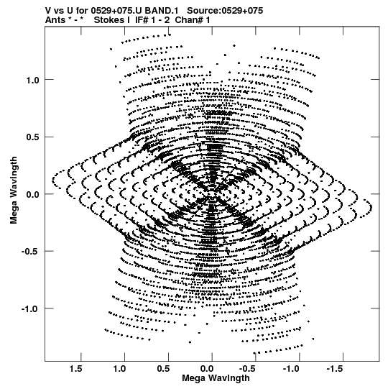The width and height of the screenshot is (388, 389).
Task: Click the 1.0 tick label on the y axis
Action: click(32, 80)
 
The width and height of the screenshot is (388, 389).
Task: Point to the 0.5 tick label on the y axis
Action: click(32, 137)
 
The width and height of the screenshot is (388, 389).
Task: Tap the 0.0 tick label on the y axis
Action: click(32, 194)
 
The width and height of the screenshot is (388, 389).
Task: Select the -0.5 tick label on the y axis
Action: click(30, 252)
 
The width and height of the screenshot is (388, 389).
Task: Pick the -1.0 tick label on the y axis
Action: click(30, 308)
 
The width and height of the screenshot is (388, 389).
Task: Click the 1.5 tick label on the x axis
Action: click(76, 369)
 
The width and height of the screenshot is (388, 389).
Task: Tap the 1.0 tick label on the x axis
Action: click(119, 369)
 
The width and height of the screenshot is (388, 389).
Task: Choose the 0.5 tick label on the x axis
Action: click(163, 369)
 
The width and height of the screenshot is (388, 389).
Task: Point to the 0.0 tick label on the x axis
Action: click(207, 369)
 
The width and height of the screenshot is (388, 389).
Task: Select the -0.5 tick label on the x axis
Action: click(249, 369)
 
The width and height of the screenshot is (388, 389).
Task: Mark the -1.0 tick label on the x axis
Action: click(292, 369)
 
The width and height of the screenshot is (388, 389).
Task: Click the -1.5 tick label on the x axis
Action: click(336, 369)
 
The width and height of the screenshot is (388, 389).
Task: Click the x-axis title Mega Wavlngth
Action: click(216, 378)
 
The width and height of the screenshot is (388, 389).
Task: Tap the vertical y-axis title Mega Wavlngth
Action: click(14, 191)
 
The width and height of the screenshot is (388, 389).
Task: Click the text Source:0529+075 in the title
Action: click(225, 11)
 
